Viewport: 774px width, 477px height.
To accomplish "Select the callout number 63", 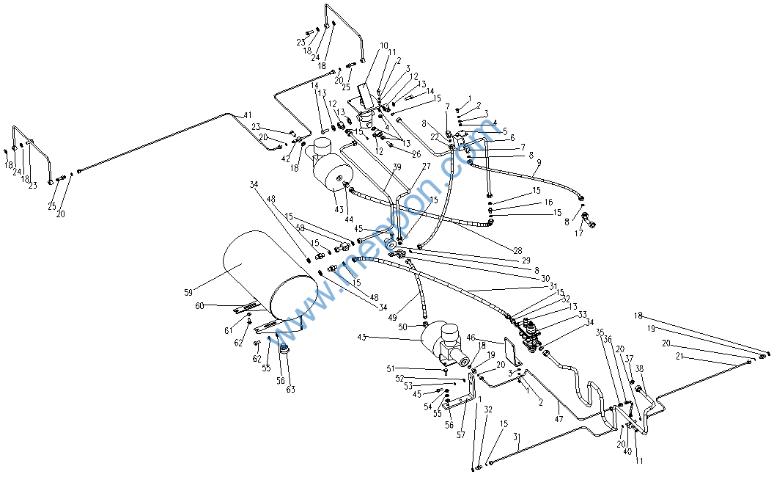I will pyautogui.click(x=291, y=390).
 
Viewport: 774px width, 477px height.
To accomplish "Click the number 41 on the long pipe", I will pyautogui.click(x=247, y=116).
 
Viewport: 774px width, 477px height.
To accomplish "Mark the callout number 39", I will pyautogui.click(x=397, y=168).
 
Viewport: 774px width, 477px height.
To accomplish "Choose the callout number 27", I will pyautogui.click(x=426, y=167).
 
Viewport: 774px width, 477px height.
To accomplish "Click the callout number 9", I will pyautogui.click(x=384, y=46).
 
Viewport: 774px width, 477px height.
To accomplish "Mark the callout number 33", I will pyautogui.click(x=582, y=315).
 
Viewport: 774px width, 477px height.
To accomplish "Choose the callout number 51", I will pyautogui.click(x=391, y=369).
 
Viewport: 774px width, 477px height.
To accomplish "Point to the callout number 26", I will pyautogui.click(x=416, y=154).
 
